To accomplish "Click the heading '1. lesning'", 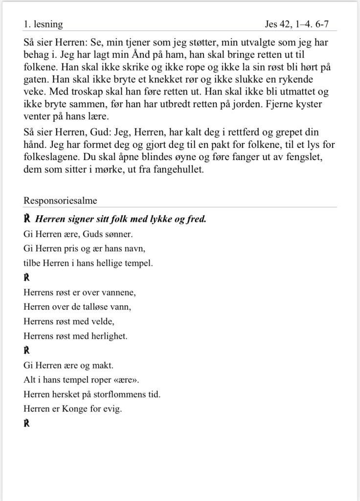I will click(x=43, y=23).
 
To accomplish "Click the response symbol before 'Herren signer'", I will click(x=27, y=219).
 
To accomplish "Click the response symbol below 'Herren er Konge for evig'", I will click(x=27, y=423).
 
